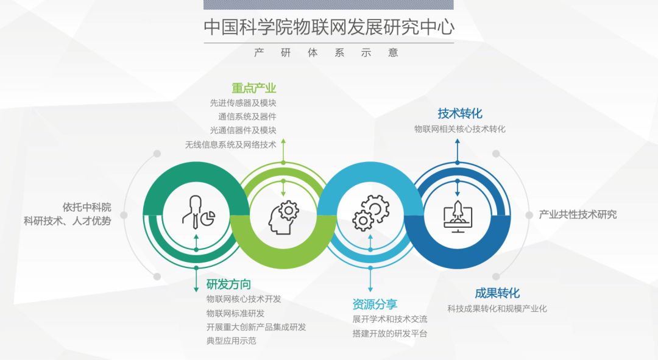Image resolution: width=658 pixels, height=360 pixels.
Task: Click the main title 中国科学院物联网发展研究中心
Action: [x=329, y=27]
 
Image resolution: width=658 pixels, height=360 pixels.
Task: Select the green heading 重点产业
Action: [x=254, y=88]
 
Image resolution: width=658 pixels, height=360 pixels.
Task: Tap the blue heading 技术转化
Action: [x=460, y=113]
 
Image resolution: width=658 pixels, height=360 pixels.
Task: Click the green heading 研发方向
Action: [x=228, y=284]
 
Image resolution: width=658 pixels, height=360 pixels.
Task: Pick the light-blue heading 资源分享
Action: [x=375, y=304]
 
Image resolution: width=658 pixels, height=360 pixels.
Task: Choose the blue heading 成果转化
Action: [x=497, y=293]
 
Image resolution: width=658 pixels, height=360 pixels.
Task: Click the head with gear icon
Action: [x=283, y=217]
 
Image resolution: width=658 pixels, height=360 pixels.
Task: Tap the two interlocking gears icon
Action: [x=370, y=213]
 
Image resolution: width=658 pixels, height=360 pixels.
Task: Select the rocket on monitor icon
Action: [x=458, y=216]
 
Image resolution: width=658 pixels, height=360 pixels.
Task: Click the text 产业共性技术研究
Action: [x=578, y=215]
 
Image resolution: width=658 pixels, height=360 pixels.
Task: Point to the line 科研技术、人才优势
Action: [x=68, y=221]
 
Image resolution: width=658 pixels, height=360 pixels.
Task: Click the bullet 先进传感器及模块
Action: [x=243, y=103]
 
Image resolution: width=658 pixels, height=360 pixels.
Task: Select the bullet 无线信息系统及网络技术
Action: [x=231, y=145]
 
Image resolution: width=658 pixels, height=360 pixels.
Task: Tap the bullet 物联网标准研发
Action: [x=235, y=314]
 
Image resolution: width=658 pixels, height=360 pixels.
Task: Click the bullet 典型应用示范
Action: [x=232, y=341]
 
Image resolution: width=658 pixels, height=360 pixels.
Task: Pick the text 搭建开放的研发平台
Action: [x=390, y=334]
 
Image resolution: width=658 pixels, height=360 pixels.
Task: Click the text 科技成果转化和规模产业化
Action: [x=497, y=309]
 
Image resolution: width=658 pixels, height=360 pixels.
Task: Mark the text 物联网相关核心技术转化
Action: [x=460, y=129]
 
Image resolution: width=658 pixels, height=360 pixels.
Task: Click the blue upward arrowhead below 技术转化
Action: [x=458, y=142]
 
